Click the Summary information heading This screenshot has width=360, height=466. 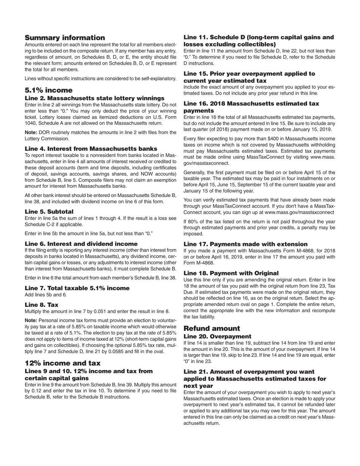click(x=65, y=38)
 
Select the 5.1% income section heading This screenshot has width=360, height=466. click(x=49, y=90)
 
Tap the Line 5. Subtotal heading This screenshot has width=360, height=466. click(x=49, y=211)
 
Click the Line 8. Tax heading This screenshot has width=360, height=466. click(x=42, y=305)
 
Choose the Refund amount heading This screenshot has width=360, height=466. click(x=212, y=328)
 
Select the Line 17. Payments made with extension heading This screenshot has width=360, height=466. click(x=246, y=244)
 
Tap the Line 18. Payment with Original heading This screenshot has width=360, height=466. click(x=231, y=273)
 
